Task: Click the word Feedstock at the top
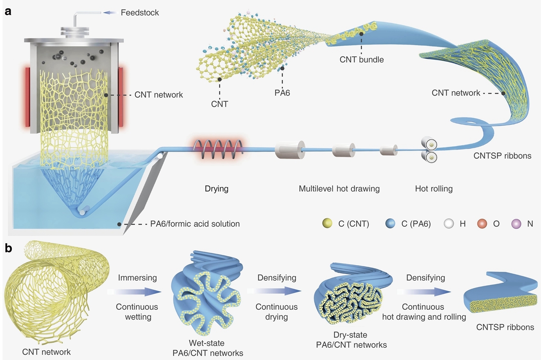140,13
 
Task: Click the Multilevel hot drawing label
339,189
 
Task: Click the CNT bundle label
362,59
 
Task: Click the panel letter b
8,248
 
